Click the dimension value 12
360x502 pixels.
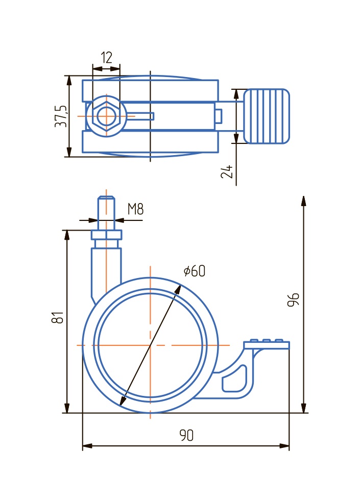[106, 57]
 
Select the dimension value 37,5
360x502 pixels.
[61, 116]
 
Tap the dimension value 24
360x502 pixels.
[227, 171]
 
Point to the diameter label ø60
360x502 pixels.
[195, 271]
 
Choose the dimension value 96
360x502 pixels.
[293, 300]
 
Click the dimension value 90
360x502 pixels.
[186, 435]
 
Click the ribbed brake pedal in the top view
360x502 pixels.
[267, 116]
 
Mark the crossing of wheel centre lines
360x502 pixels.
[150, 345]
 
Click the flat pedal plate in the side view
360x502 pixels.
[267, 345]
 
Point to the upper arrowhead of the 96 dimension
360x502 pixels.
[304, 200]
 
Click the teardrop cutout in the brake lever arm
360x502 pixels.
[235, 382]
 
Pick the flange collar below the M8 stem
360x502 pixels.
[106, 235]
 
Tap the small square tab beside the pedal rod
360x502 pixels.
[218, 116]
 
